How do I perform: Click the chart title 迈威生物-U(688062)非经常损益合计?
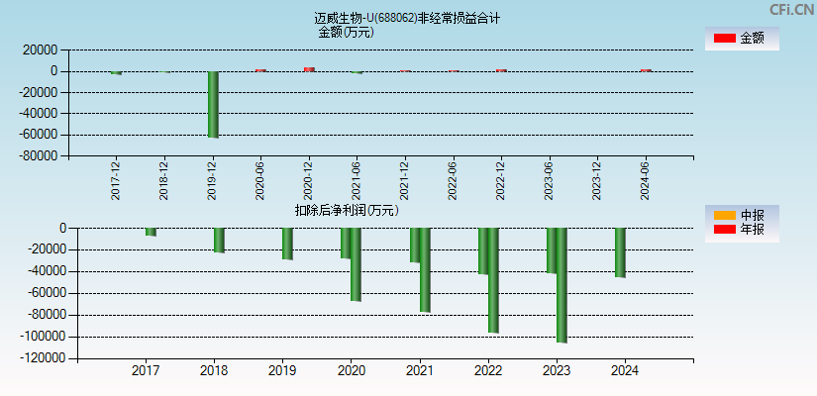[407, 18]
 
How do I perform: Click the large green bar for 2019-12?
[213, 104]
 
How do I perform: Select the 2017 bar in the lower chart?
[151, 232]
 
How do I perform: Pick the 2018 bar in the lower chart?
[219, 240]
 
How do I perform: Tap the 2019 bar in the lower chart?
[287, 244]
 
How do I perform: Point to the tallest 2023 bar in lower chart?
[562, 285]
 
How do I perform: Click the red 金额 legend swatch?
[725, 38]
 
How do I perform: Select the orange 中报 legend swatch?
[725, 215]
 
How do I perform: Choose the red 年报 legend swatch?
[725, 230]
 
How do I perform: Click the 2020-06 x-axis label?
[260, 180]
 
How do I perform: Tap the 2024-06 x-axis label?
[646, 180]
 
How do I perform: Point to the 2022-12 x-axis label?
[501, 180]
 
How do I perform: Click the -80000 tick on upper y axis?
[37, 156]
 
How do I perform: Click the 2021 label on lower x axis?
[420, 371]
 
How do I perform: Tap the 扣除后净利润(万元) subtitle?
[347, 210]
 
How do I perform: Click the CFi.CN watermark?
[791, 10]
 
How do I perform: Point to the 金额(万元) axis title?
[346, 32]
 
